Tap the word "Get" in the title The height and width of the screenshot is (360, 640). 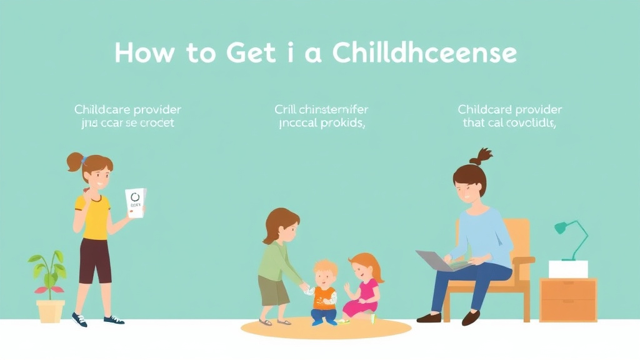click(247, 53)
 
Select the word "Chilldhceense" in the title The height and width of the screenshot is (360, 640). click(424, 53)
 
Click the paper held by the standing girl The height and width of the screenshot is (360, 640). click(135, 202)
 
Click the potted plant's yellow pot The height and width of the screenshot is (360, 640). click(50, 311)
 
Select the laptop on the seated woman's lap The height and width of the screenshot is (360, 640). click(437, 259)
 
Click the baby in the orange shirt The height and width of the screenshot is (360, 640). click(324, 292)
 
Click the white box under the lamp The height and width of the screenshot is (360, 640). click(568, 269)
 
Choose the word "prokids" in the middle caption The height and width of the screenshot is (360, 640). click(341, 123)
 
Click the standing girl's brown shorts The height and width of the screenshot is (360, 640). click(95, 260)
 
